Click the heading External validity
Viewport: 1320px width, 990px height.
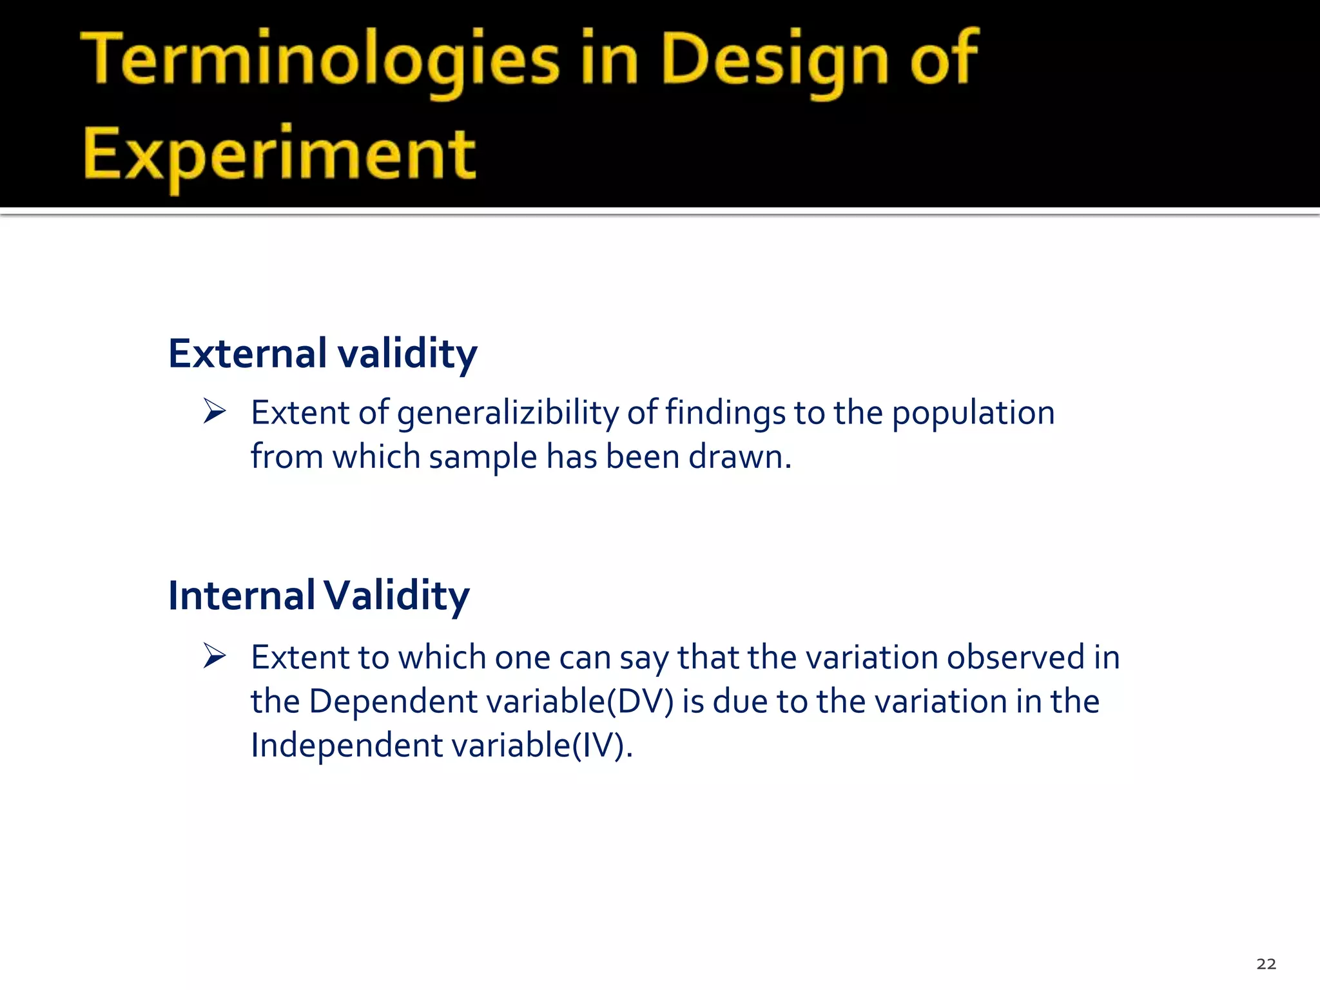(x=322, y=354)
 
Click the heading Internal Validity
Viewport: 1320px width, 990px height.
(x=318, y=596)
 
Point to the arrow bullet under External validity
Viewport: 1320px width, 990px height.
(x=215, y=411)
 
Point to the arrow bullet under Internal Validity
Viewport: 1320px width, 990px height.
(x=215, y=656)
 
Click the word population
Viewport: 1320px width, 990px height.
(x=973, y=413)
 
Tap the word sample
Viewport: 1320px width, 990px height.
(x=483, y=457)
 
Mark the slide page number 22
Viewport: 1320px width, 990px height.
(x=1266, y=964)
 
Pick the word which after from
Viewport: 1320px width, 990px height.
(x=376, y=457)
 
